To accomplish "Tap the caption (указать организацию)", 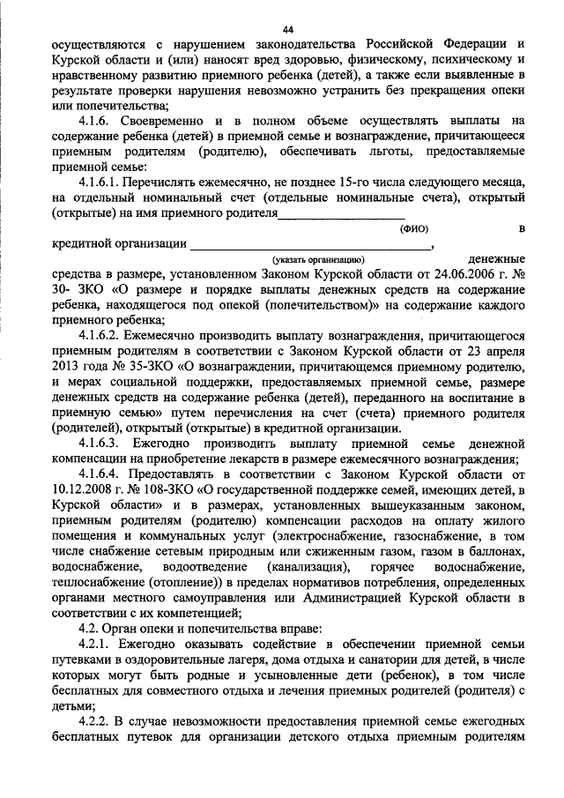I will click(x=318, y=259).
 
